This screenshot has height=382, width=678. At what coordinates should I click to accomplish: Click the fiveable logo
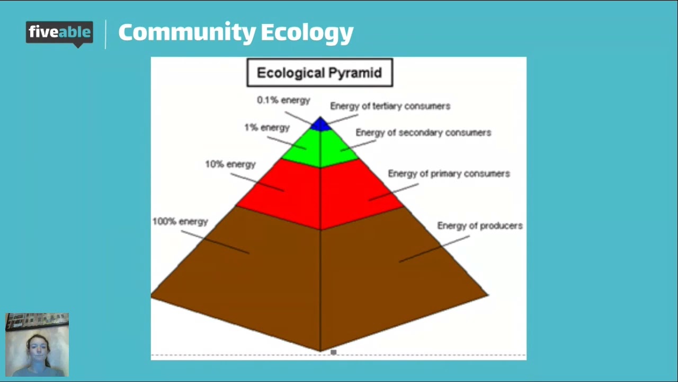point(59,33)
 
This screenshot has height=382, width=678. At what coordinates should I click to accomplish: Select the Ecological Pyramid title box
point(319,73)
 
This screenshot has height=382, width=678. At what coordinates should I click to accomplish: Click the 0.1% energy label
point(283,100)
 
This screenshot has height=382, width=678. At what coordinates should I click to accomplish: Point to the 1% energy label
point(267,128)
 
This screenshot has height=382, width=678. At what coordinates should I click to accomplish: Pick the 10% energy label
point(230,164)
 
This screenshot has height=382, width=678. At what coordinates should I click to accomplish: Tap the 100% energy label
point(180,222)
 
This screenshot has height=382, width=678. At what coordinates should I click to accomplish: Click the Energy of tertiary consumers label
point(390,106)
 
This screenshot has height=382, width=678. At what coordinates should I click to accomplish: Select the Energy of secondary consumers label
point(423,133)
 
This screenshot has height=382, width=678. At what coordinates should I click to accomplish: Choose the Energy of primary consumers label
point(449,173)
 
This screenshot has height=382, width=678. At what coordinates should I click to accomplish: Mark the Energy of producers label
point(479,226)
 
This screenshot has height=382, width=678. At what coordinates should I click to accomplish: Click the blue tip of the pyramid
point(320,125)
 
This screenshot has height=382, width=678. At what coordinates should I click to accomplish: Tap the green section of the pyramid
point(320,149)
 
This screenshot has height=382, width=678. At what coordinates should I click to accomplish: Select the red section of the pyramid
point(320,194)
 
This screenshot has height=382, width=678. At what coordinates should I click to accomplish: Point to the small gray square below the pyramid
point(333,352)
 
